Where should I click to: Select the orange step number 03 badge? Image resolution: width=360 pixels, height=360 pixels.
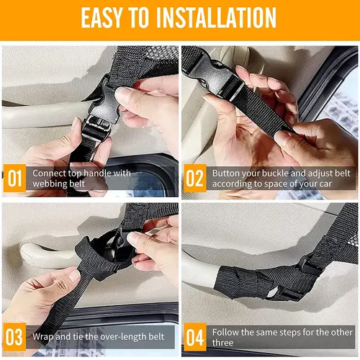(15, 336)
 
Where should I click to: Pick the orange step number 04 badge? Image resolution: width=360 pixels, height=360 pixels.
(195, 336)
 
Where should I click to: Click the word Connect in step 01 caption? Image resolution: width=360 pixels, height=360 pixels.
(50, 174)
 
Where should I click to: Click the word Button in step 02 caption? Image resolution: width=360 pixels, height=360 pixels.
(227, 174)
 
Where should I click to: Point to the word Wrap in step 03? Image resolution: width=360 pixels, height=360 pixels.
(44, 336)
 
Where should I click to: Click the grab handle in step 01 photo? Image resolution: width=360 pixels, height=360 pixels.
(36, 115)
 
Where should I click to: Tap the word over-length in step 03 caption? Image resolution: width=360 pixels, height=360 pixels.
(115, 336)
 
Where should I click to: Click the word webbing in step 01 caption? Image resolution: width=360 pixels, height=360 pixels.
(50, 184)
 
